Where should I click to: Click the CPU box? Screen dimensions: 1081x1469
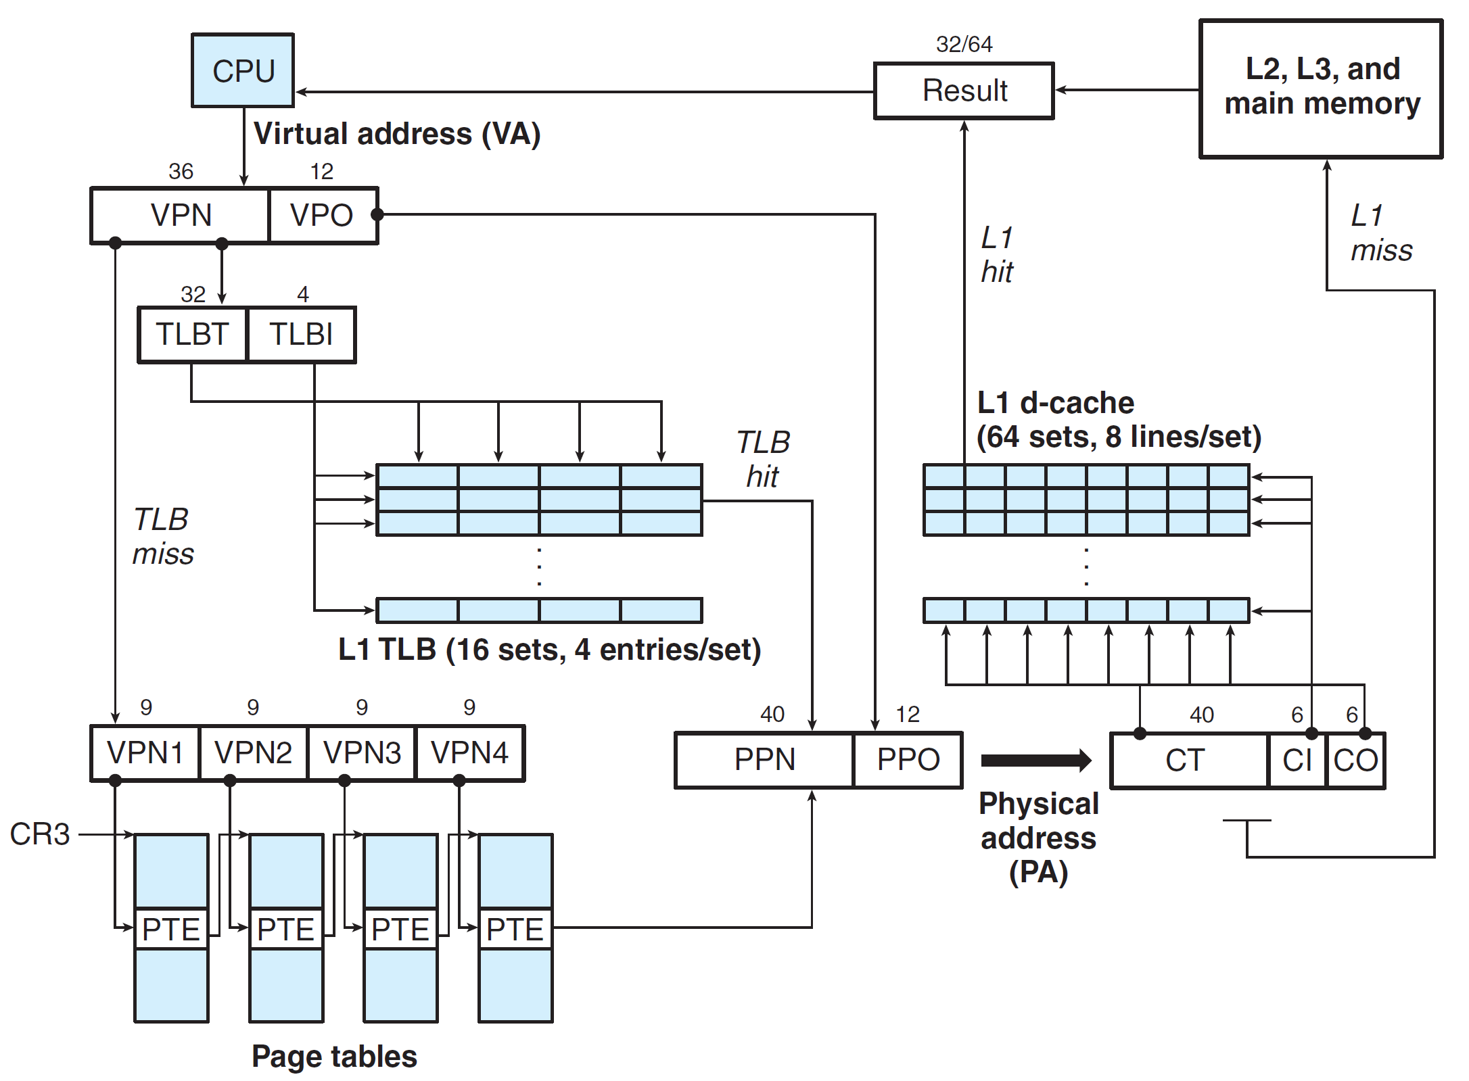click(x=243, y=70)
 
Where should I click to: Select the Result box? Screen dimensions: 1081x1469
click(x=964, y=91)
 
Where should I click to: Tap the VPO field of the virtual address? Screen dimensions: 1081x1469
click(x=322, y=215)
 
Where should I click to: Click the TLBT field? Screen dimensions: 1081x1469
click(x=193, y=334)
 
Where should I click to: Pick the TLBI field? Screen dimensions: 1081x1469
click(x=301, y=334)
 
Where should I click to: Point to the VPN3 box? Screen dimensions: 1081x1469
click(x=362, y=752)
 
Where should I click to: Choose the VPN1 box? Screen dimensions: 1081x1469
click(x=145, y=752)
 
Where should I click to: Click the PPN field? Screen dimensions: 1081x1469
click(x=764, y=759)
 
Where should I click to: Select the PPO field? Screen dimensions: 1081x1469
click(x=908, y=759)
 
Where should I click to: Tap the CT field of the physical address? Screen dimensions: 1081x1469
click(x=1186, y=760)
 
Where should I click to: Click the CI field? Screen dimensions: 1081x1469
click(x=1297, y=760)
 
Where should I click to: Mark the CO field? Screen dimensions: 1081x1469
click(x=1355, y=760)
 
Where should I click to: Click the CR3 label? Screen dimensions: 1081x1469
click(x=40, y=834)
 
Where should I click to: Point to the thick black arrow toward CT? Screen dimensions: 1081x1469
click(x=1035, y=760)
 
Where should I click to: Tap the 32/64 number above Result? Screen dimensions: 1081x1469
click(x=964, y=45)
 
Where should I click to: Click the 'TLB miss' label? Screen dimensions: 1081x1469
click(x=163, y=536)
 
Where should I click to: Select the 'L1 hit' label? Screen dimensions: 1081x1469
click(x=997, y=255)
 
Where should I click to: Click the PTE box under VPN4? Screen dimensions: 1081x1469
click(x=515, y=929)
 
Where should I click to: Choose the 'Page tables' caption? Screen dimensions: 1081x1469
click(x=334, y=1056)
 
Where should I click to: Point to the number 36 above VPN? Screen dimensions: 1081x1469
click(x=181, y=172)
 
